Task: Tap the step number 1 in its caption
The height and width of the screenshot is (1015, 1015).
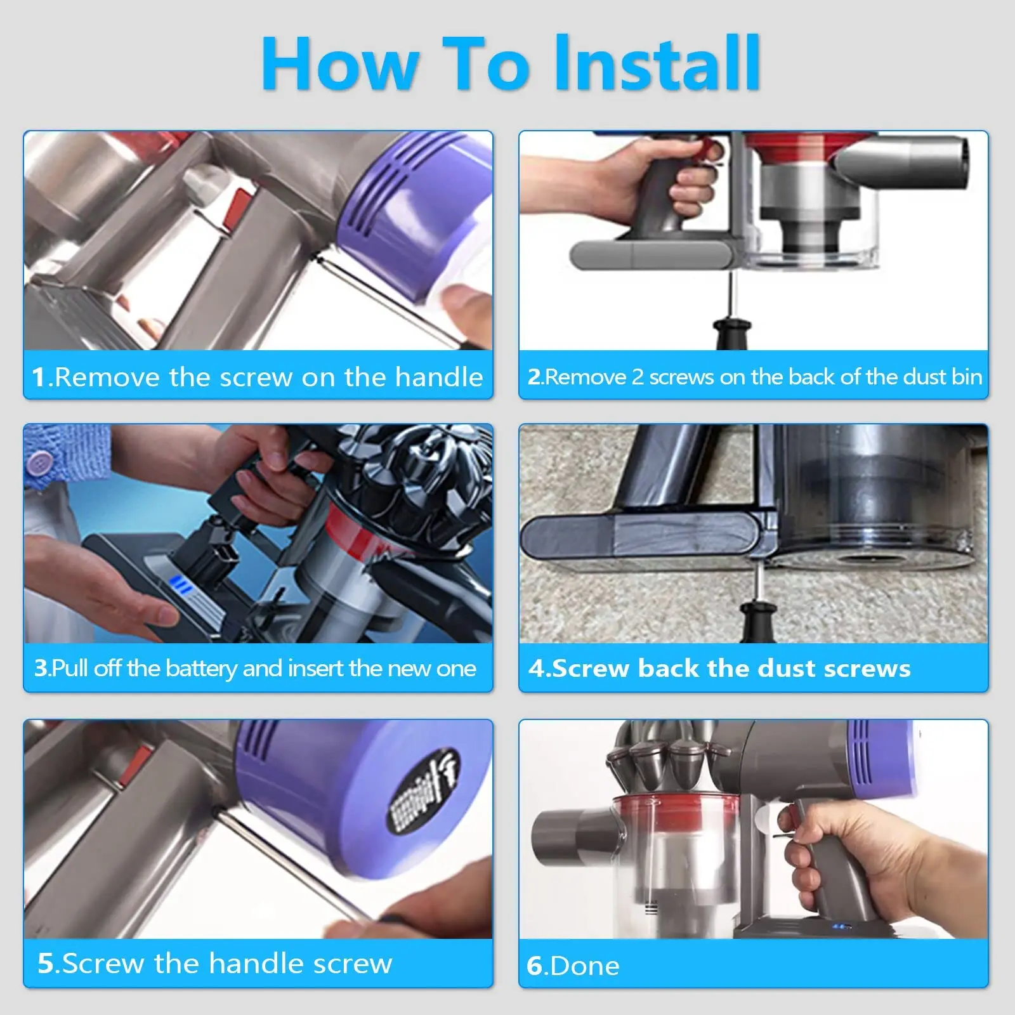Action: tap(38, 377)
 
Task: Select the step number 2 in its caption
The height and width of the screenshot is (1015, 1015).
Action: tap(534, 377)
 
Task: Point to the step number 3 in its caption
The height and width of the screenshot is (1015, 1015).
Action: tap(41, 668)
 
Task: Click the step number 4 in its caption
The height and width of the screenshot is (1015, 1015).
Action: tap(536, 668)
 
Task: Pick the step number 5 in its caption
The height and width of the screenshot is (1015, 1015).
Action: tap(46, 963)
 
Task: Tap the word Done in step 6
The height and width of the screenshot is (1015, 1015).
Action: tap(585, 966)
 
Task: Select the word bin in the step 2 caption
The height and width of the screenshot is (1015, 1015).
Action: tap(967, 377)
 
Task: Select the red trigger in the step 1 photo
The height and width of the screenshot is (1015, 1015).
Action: tap(240, 206)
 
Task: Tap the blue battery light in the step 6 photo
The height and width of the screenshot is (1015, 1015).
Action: tap(841, 927)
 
